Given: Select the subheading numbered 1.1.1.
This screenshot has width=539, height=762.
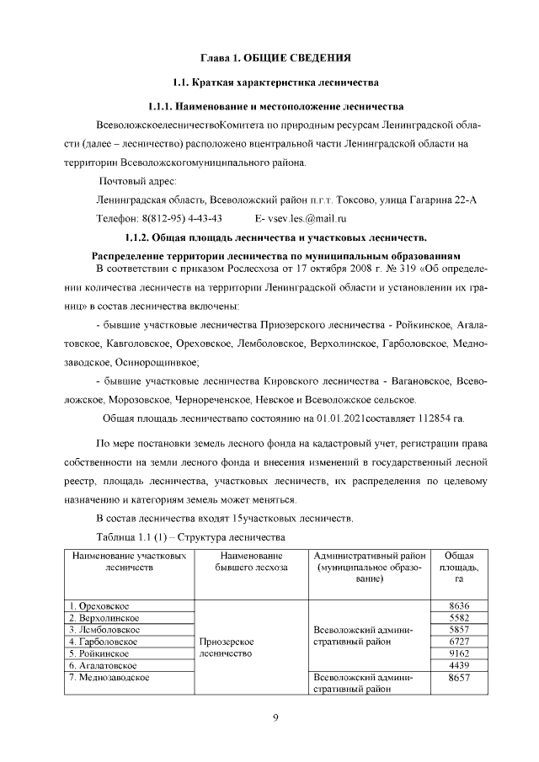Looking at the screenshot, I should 275,107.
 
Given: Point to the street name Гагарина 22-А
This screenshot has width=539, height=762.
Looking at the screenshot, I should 437,200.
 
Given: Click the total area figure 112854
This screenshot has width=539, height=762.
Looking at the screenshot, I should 429,418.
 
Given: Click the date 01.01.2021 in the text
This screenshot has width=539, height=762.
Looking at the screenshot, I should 343,418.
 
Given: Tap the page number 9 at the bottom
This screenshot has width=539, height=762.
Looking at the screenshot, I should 275,717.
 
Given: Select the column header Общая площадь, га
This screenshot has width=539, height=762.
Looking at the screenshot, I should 459,568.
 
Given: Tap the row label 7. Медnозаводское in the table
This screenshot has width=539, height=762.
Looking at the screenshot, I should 111,677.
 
